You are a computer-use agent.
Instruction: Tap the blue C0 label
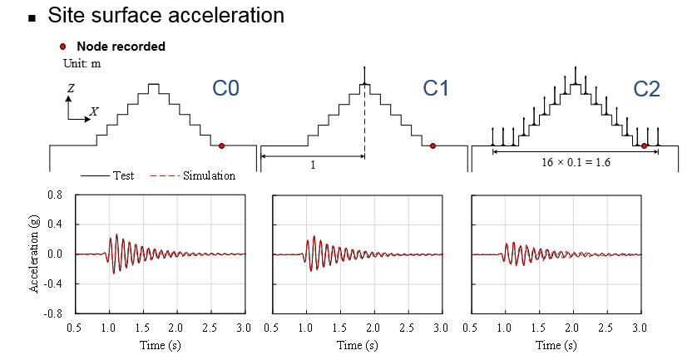(x=224, y=88)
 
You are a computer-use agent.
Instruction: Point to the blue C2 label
(x=646, y=88)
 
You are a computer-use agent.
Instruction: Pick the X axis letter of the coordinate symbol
(x=94, y=111)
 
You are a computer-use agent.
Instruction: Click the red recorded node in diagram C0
(x=221, y=145)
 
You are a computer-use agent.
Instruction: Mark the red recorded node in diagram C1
(x=433, y=145)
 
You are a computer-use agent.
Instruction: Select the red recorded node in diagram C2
(x=645, y=145)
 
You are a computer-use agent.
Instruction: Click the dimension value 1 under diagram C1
(x=313, y=165)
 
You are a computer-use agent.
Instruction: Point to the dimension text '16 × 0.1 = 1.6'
(x=575, y=164)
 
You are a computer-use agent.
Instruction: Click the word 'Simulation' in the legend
(x=211, y=175)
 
